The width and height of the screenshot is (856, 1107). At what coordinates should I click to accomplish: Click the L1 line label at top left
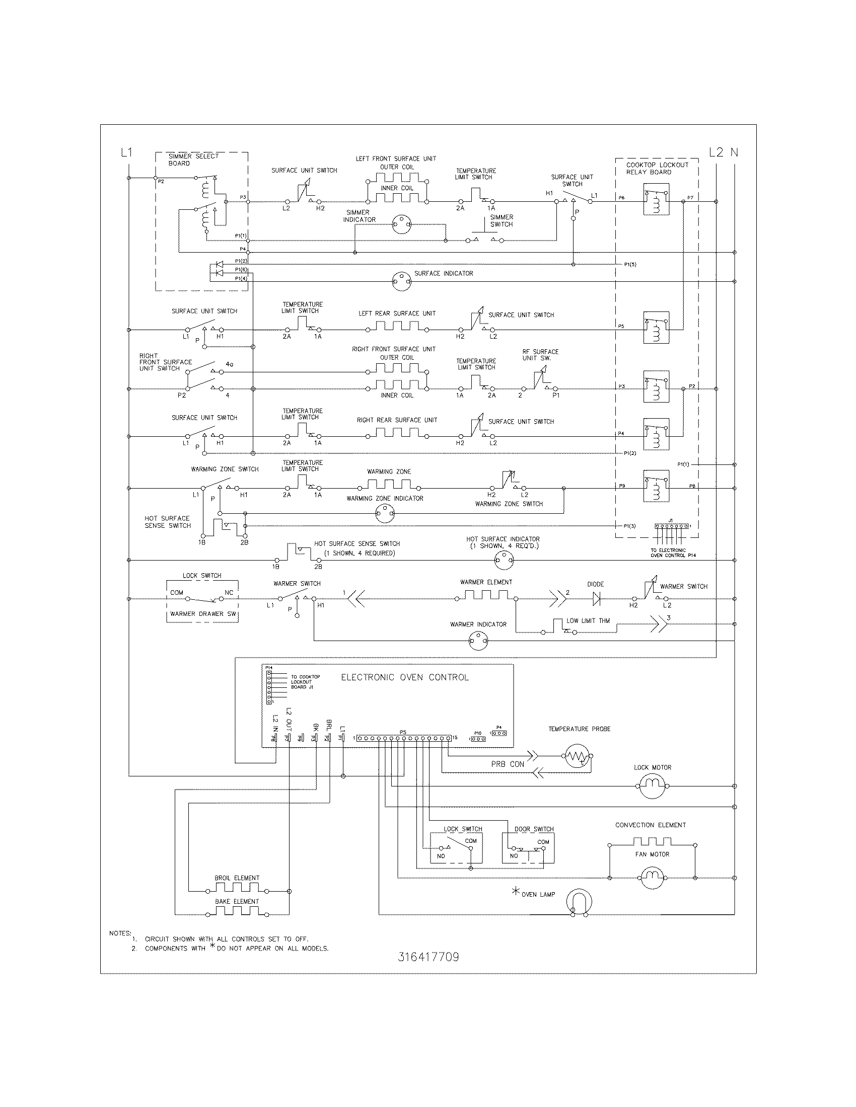tap(126, 152)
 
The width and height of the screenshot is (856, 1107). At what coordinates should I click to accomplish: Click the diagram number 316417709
tap(429, 957)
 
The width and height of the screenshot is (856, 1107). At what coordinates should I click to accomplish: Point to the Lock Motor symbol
tap(652, 786)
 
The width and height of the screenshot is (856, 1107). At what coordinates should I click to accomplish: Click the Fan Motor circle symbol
tap(652, 878)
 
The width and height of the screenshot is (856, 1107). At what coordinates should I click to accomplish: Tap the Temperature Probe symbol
tap(577, 756)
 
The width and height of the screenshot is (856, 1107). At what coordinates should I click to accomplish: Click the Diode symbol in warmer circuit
tap(596, 599)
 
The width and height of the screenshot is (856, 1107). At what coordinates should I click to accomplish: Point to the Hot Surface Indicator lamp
tap(504, 560)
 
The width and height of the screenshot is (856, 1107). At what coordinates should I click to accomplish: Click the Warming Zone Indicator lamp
tap(385, 514)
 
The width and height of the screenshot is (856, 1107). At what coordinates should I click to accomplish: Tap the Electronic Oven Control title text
tap(405, 677)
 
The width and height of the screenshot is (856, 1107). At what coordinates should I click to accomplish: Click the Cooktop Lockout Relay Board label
tap(657, 168)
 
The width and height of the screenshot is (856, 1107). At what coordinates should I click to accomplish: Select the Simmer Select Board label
tap(193, 160)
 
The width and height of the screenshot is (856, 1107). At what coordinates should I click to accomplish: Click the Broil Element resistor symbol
tap(237, 888)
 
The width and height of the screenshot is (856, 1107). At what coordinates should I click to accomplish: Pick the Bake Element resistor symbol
tap(237, 911)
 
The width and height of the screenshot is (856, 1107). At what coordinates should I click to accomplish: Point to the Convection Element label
tap(650, 825)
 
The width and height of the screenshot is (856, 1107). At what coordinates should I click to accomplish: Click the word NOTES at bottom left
tap(120, 933)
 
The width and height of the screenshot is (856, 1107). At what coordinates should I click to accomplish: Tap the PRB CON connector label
tap(508, 764)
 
